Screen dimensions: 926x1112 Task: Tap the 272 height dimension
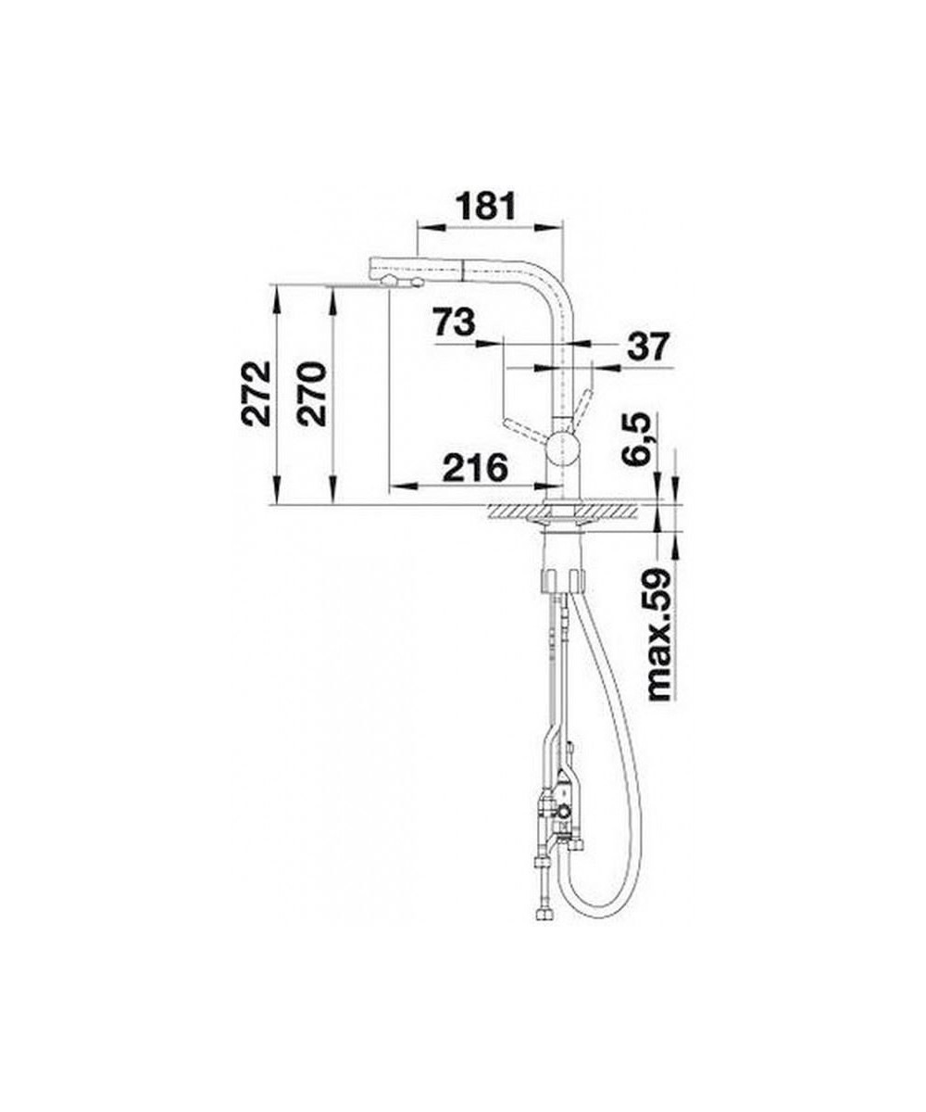click(x=256, y=394)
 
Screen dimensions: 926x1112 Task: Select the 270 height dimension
click(x=311, y=394)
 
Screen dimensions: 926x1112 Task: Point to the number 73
click(x=454, y=322)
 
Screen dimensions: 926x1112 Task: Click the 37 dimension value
click(x=646, y=347)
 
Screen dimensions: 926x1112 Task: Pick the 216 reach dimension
click(x=475, y=468)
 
